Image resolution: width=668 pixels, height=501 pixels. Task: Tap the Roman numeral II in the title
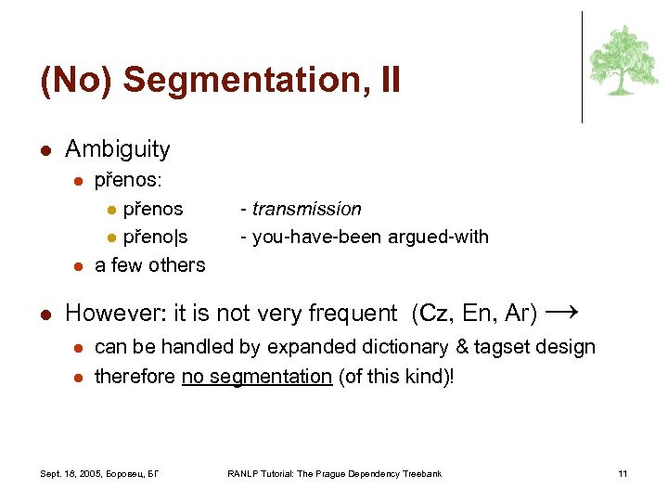click(x=390, y=81)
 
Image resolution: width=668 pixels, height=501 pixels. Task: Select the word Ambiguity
click(x=118, y=149)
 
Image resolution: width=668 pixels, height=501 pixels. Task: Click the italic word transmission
click(x=306, y=210)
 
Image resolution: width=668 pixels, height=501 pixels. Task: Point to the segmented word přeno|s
click(x=155, y=237)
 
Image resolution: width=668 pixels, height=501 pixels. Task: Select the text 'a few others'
click(x=149, y=265)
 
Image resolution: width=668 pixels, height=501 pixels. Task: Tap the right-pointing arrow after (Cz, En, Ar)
click(x=563, y=312)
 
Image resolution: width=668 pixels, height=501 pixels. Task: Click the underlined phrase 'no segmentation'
click(x=256, y=376)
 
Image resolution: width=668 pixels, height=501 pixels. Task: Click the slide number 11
click(x=623, y=474)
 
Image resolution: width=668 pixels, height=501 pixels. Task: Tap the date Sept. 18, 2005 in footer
click(x=73, y=474)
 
